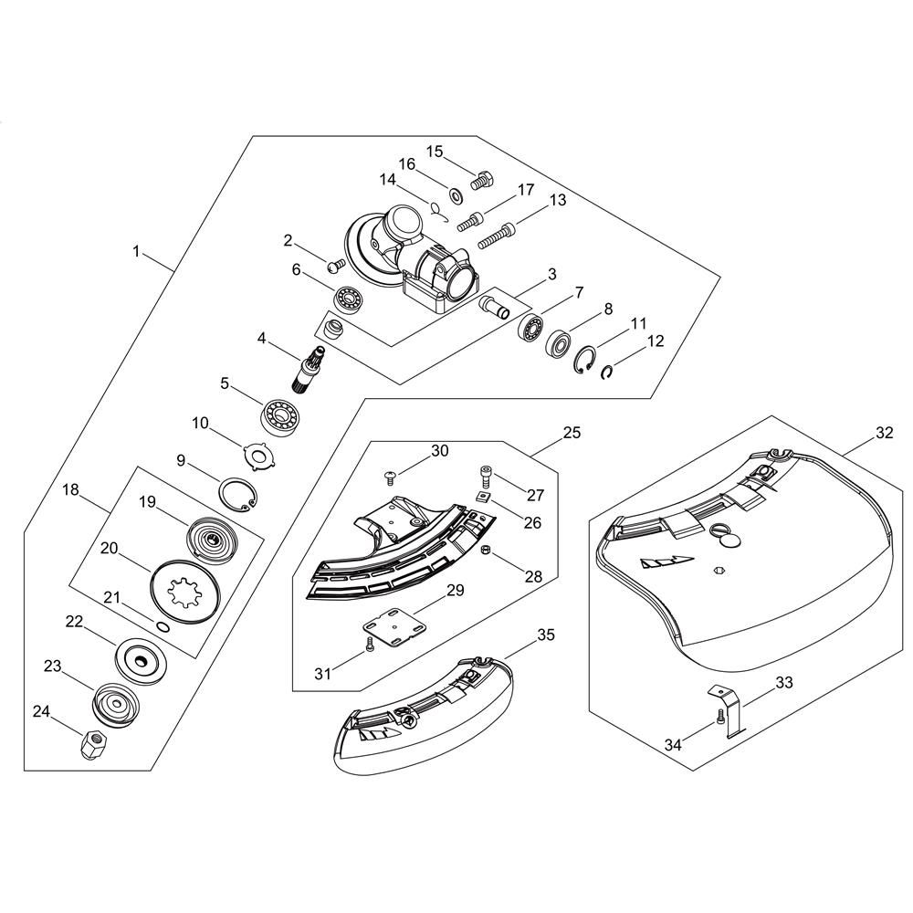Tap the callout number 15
435,152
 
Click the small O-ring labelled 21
163,626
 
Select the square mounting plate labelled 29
394,627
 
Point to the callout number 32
884,433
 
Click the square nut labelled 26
483,497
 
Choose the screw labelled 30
390,478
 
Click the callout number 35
546,635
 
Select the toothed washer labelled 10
258,452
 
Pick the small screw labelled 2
336,266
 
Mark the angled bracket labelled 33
728,709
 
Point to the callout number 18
70,489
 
